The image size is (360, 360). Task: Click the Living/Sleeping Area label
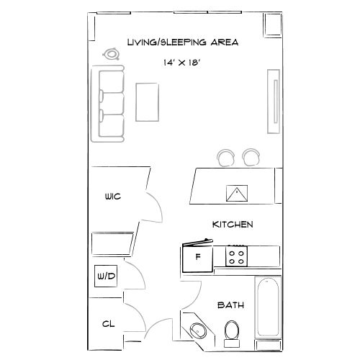pos(182,42)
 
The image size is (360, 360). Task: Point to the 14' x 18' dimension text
pos(181,63)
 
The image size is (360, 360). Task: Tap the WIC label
pos(112,196)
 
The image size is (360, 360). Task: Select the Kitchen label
pos(232,225)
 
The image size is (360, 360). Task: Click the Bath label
pos(230,305)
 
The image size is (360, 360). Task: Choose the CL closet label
pos(109,325)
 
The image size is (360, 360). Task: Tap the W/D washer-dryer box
pos(106,276)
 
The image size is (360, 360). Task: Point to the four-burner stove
pos(237,254)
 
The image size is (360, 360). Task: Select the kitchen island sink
pos(237,194)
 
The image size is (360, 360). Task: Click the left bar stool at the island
pos(226,157)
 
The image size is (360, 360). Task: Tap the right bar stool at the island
pos(251,156)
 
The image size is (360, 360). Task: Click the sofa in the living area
pos(109,103)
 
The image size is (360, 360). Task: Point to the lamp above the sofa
pos(112,53)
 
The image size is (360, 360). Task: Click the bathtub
pos(269,307)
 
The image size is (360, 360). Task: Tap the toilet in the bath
pos(232,330)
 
